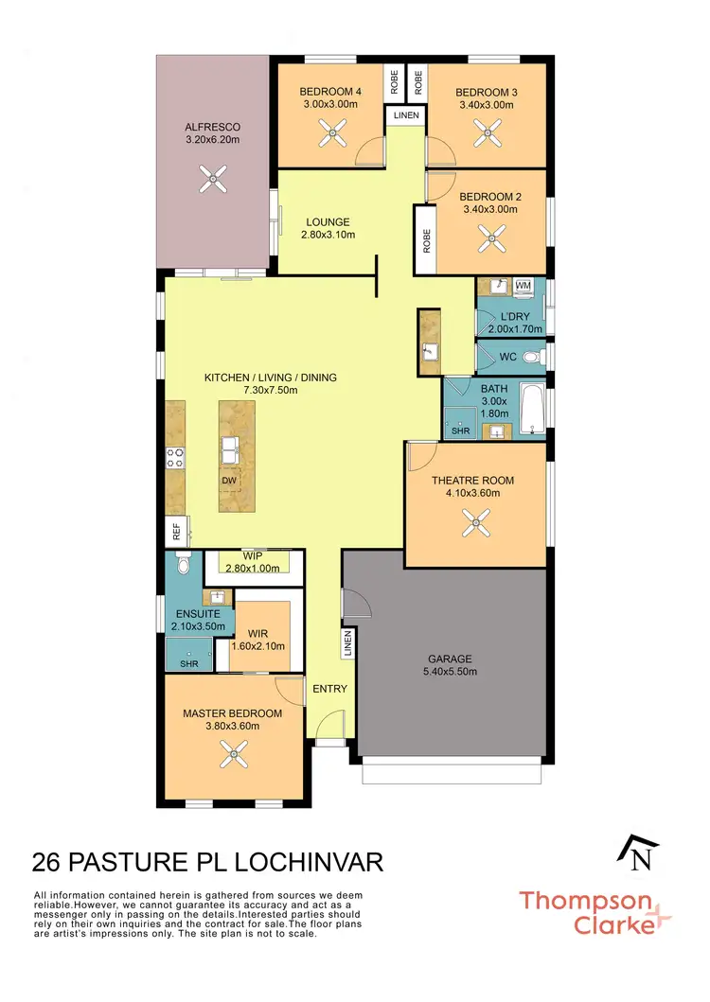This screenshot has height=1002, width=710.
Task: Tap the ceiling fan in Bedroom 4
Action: tap(331, 138)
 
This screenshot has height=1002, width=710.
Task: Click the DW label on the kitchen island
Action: tap(229, 481)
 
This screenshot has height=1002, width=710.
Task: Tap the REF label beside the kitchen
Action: tap(176, 534)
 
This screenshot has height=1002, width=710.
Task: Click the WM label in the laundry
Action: tap(524, 285)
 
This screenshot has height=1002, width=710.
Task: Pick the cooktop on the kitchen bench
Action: tap(175, 458)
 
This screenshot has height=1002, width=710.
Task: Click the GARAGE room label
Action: tap(450, 659)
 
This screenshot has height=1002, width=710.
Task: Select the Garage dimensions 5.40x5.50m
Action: tap(450, 673)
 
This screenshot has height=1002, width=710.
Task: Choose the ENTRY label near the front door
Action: tap(330, 689)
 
